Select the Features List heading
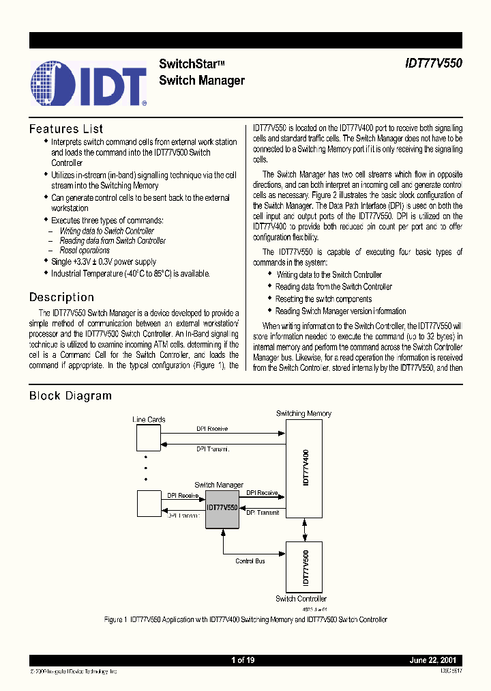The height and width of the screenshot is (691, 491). click(x=66, y=128)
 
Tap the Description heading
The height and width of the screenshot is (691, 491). click(x=61, y=297)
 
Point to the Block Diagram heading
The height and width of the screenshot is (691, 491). click(x=70, y=395)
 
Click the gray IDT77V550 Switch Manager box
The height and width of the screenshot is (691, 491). click(x=222, y=508)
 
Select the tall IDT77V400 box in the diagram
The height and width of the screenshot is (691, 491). click(x=304, y=468)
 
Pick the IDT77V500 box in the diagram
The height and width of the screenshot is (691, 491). click(x=304, y=567)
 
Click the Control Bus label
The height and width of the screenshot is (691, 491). click(x=250, y=561)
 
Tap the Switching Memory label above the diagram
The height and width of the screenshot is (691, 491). click(x=303, y=413)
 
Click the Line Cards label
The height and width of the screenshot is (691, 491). click(x=149, y=419)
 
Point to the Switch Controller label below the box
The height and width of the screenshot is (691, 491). click(x=301, y=599)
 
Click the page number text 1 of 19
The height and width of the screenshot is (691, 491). click(x=243, y=660)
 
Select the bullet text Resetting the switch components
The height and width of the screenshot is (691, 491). click(x=323, y=299)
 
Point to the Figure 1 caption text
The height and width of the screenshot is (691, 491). click(x=245, y=619)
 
